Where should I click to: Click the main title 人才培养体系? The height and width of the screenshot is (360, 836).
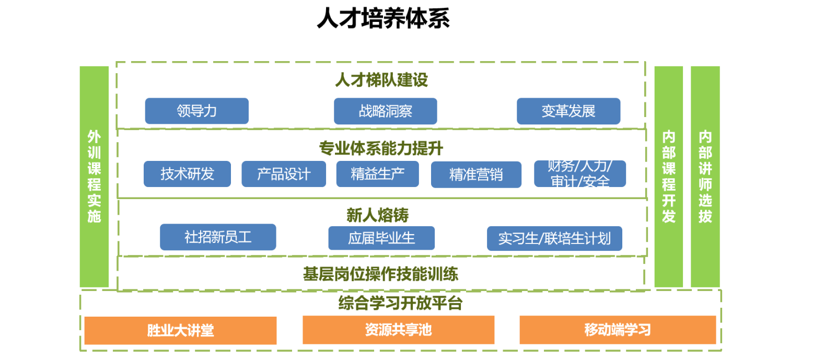pos(383,18)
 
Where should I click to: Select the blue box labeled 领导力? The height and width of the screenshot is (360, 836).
pos(196,111)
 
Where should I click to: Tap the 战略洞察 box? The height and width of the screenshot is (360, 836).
pos(385,111)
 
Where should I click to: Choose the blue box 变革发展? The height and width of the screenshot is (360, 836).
pos(568,111)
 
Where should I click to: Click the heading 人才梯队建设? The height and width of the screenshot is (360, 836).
pos(381,80)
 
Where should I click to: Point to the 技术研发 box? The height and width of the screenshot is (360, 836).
pos(187,174)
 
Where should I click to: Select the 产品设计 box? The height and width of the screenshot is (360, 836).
pos(284,174)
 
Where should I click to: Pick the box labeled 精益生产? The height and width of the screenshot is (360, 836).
pos(377,174)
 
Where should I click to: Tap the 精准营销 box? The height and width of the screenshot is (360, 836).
pos(476,175)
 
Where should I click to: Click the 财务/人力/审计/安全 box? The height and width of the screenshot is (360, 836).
pos(579,174)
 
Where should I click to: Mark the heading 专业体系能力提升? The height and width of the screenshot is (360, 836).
pos(381,148)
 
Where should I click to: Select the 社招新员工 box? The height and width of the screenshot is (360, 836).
pos(218,237)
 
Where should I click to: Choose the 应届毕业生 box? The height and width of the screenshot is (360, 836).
pos(381,238)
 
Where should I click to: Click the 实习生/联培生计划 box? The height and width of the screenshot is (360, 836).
pos(554,239)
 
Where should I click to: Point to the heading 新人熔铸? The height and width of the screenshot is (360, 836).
pos(377,215)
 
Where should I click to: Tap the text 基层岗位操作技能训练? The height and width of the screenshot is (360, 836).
pos(380,274)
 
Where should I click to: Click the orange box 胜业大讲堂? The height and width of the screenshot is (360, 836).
pos(180,330)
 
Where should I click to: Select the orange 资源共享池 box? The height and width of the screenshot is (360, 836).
pos(398,330)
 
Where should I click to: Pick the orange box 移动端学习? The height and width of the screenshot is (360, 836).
pos(617,330)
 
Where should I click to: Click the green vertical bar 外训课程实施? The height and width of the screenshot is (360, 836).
pos(94,177)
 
